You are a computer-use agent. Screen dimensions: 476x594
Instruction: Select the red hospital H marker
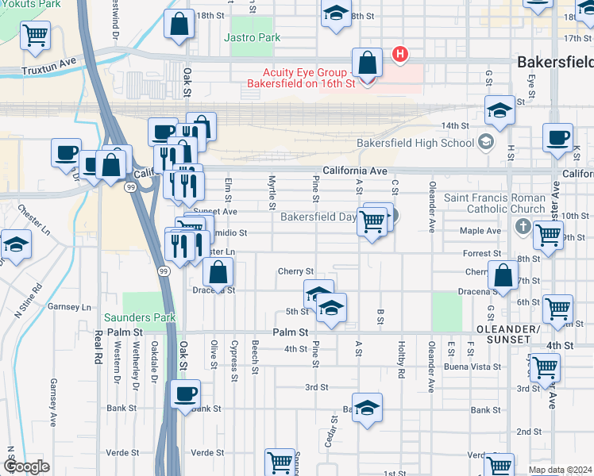401,55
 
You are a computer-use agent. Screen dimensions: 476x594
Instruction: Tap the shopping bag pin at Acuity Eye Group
367,63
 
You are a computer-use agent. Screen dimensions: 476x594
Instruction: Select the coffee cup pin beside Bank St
186,394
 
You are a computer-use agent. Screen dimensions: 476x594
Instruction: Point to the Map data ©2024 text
561,470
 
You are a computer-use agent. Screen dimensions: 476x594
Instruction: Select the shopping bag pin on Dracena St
218,273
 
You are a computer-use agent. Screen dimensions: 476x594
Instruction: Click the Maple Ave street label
481,232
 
